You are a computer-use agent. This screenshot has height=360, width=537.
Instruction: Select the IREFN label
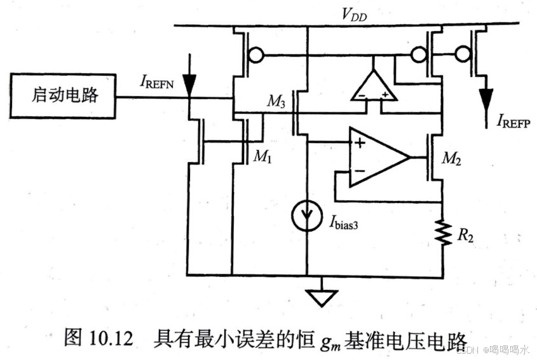point(161,83)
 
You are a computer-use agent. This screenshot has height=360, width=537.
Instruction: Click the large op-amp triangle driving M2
point(377,156)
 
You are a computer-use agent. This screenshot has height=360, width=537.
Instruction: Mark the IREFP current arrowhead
point(487,100)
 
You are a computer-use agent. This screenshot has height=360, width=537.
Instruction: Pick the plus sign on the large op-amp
point(360,142)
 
